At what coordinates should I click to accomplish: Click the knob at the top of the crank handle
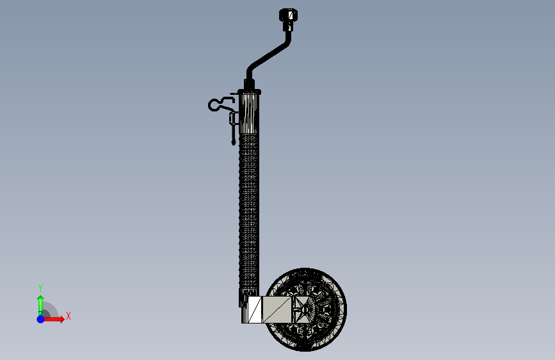(x=289, y=15)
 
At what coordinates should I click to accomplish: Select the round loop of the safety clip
(x=214, y=105)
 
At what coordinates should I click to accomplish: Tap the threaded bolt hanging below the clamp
(x=233, y=135)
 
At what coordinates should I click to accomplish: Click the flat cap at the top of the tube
(x=249, y=92)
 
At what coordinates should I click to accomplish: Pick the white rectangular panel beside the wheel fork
(x=255, y=310)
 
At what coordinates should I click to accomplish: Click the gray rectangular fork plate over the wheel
(x=277, y=309)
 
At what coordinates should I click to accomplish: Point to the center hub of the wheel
(x=305, y=310)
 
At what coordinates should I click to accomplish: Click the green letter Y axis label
(x=40, y=288)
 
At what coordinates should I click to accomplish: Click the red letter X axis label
(x=68, y=316)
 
